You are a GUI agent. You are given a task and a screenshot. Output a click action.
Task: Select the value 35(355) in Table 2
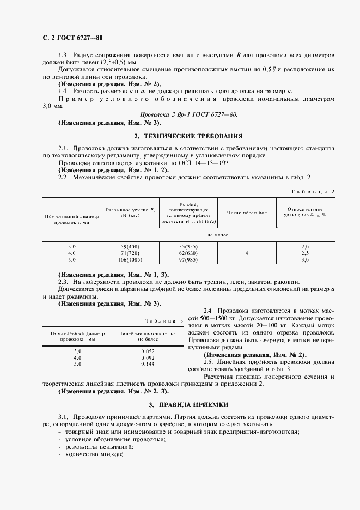click(189, 247)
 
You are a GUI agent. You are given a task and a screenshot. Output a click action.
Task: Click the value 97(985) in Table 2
click(189, 260)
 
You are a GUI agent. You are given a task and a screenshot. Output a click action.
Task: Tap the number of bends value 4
click(247, 253)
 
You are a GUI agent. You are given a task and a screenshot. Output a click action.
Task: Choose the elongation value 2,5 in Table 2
click(305, 253)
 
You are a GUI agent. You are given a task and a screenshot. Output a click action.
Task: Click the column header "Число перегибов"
click(247, 212)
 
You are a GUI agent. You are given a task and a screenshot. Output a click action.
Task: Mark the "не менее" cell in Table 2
click(217, 234)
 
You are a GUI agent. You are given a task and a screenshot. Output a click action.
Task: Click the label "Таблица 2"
click(313, 191)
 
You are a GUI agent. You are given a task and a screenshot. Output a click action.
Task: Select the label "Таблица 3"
click(165, 320)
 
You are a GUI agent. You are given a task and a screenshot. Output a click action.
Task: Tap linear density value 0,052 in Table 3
click(148, 351)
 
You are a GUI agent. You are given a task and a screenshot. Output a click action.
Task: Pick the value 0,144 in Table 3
click(148, 363)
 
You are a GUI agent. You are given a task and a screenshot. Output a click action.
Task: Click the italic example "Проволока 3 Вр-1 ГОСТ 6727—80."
click(188, 116)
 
